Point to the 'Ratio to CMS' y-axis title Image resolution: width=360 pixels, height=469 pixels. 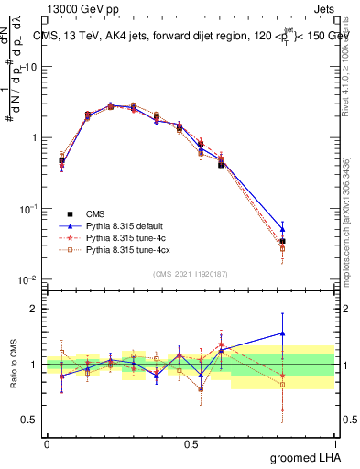tap(15, 365)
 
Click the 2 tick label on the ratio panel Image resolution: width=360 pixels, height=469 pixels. tap(32, 309)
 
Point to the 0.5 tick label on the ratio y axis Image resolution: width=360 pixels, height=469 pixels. tap(27, 420)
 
